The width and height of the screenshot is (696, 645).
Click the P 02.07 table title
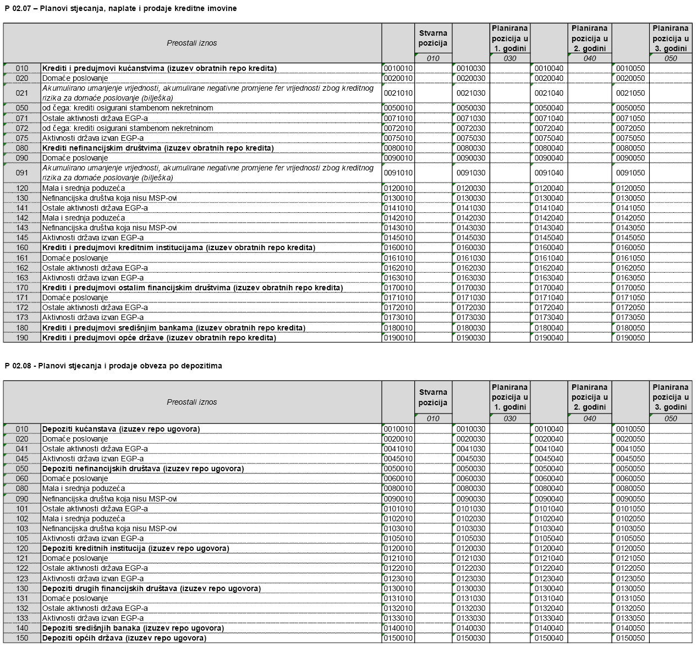coord(120,8)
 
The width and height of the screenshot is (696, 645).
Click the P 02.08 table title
coord(113,366)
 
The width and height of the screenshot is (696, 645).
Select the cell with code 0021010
coord(398,93)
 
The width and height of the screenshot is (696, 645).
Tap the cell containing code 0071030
coord(471,118)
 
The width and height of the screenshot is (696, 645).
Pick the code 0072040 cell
coord(549,128)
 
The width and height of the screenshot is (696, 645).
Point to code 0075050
coord(631,138)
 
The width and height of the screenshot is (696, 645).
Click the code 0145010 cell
coord(398,238)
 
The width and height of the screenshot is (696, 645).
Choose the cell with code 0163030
coord(471,278)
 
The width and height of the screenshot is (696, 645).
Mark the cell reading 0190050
coord(631,338)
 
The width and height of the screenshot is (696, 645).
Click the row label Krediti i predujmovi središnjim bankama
coord(173,328)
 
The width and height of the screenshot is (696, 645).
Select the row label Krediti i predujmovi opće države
coord(159,338)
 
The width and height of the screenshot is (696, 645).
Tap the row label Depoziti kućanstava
coord(121,429)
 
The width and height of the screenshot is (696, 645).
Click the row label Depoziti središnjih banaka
coord(133,628)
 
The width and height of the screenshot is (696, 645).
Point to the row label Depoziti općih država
coord(124,638)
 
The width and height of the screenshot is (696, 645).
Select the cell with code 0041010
coord(398,449)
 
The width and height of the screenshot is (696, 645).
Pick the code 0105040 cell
coord(549,538)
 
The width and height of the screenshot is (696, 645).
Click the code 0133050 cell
coord(631,618)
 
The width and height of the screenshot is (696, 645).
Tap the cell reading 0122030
coord(471,568)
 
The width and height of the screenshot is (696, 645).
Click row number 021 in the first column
coord(22,93)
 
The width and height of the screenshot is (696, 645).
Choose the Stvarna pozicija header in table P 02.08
coord(433,397)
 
